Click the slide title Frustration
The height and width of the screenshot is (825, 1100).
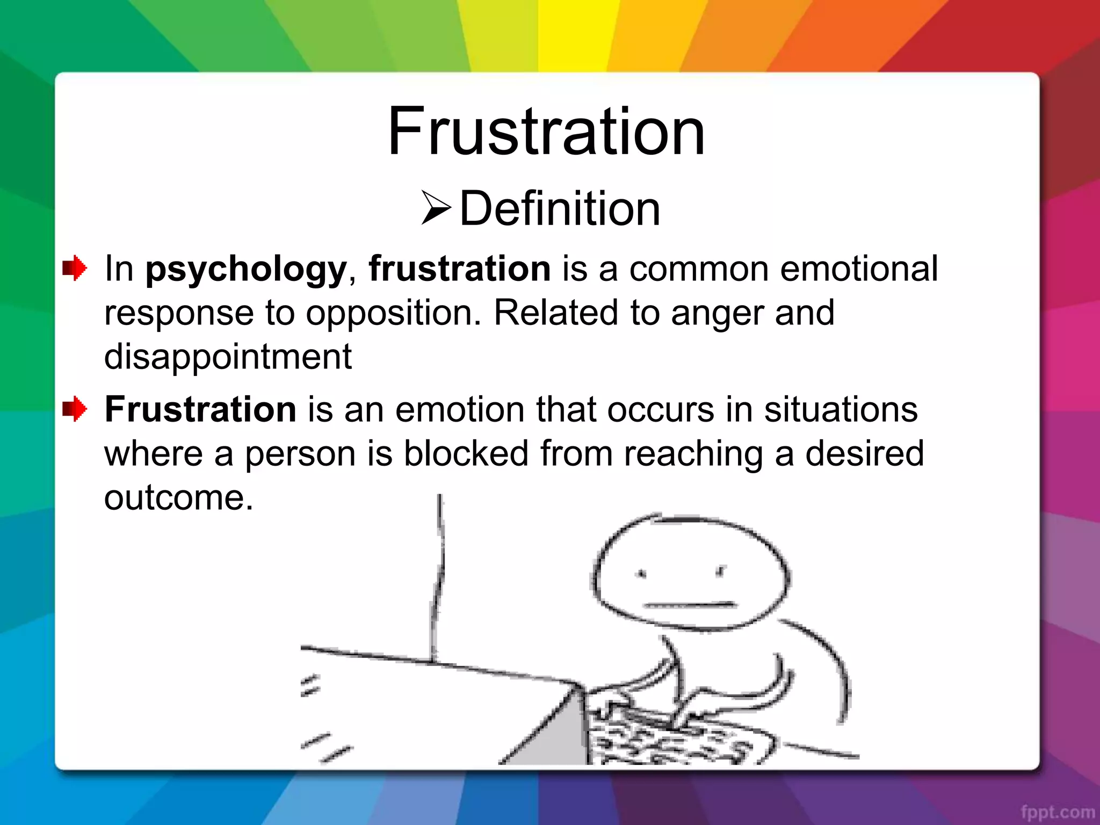tap(546, 132)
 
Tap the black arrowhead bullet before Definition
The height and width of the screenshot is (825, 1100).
tap(436, 207)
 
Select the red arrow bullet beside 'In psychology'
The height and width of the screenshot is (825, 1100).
tap(75, 268)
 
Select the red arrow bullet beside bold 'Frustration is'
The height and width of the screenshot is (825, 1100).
tap(75, 409)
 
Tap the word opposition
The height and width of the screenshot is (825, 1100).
tap(393, 313)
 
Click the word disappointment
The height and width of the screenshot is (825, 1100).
tap(228, 357)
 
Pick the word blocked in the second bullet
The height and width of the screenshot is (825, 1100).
tap(466, 453)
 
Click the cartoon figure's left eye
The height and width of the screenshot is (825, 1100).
tap(641, 574)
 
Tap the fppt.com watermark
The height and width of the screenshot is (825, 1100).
tap(1058, 812)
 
